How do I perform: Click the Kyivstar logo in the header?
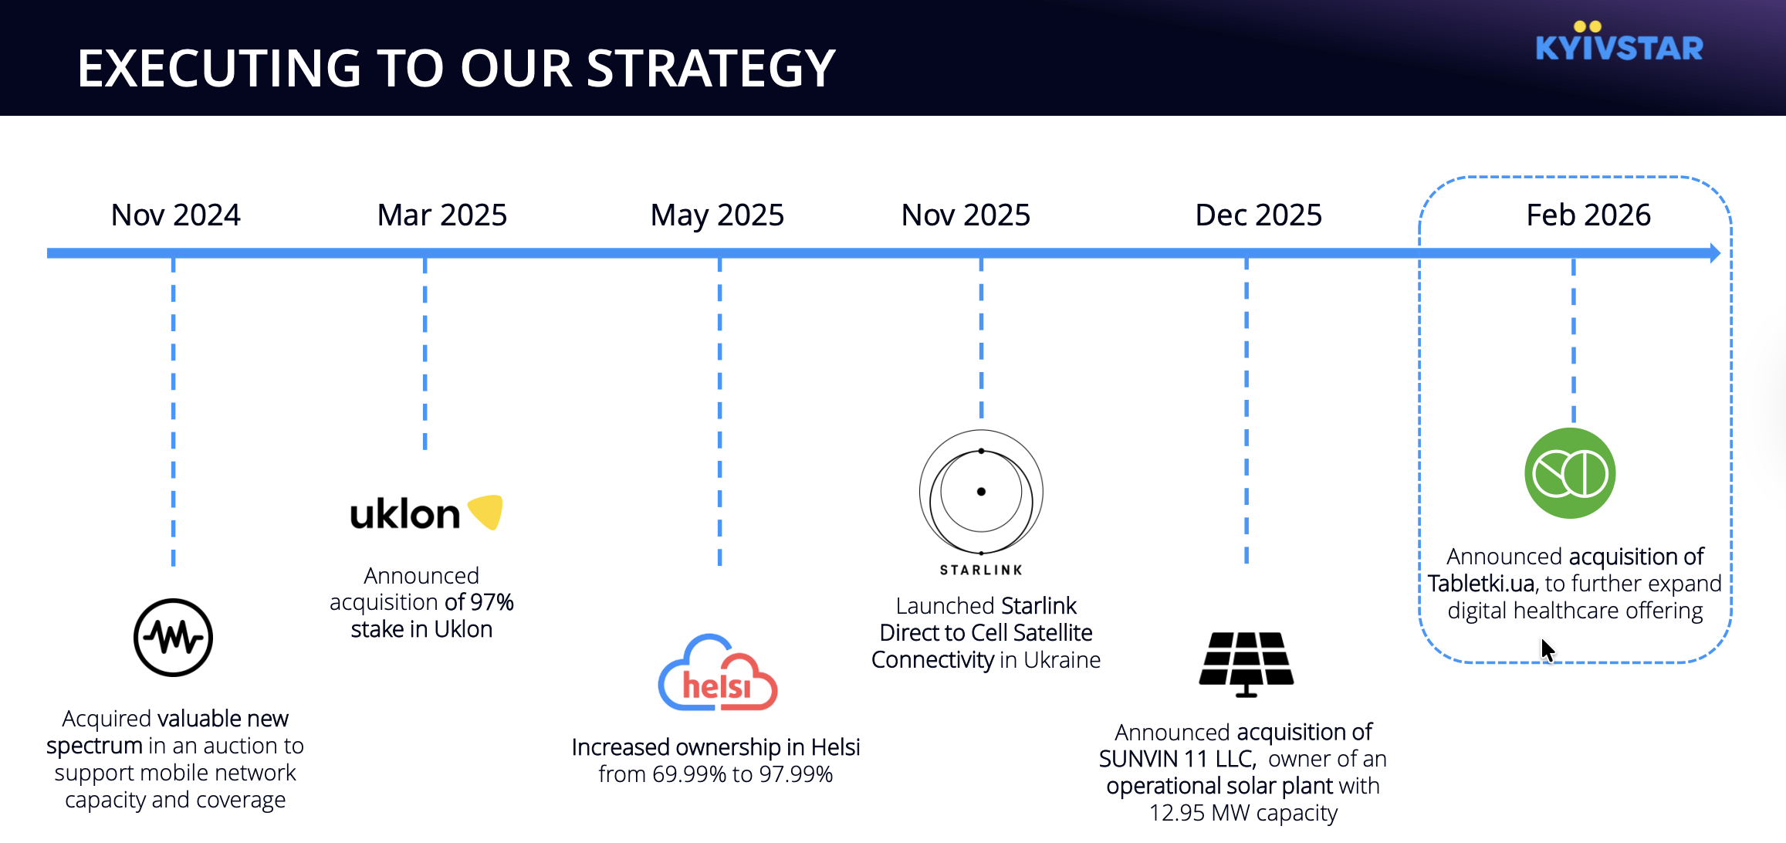click(x=1619, y=42)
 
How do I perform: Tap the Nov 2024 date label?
click(x=176, y=215)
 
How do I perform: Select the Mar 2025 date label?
click(x=442, y=215)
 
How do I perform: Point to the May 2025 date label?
click(x=717, y=215)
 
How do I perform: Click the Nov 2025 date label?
click(x=966, y=215)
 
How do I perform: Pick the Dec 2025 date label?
click(x=1259, y=215)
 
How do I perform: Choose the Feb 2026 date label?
click(x=1588, y=215)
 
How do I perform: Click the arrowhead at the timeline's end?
click(x=1715, y=253)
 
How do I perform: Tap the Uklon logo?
click(x=426, y=513)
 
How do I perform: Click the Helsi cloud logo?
click(x=717, y=672)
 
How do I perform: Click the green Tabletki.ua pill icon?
click(x=1570, y=473)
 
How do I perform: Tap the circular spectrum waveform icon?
click(x=173, y=638)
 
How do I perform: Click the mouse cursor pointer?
click(x=1548, y=650)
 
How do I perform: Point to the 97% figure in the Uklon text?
click(x=492, y=602)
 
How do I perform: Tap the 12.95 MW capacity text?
click(x=1243, y=813)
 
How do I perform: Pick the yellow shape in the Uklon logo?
click(x=486, y=511)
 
